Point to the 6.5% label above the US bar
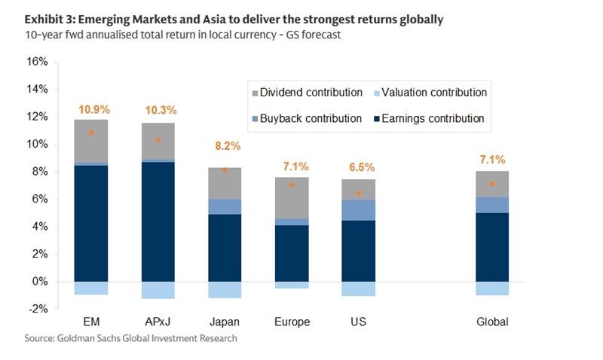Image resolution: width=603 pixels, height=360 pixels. click(359, 167)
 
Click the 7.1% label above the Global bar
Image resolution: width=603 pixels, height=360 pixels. click(492, 160)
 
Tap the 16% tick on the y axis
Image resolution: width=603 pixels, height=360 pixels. click(38, 62)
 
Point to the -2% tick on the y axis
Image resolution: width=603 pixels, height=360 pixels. click(38, 309)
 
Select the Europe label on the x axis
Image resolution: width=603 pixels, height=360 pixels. click(292, 322)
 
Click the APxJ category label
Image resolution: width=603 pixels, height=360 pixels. click(158, 322)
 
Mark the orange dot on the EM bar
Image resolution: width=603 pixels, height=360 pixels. click(91, 133)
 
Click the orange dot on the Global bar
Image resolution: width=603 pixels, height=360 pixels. click(492, 184)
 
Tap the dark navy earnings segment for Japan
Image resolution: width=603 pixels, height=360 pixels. click(225, 248)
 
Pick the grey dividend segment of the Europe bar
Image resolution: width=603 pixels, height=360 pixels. click(292, 198)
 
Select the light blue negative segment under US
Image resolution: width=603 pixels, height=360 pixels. click(359, 288)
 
